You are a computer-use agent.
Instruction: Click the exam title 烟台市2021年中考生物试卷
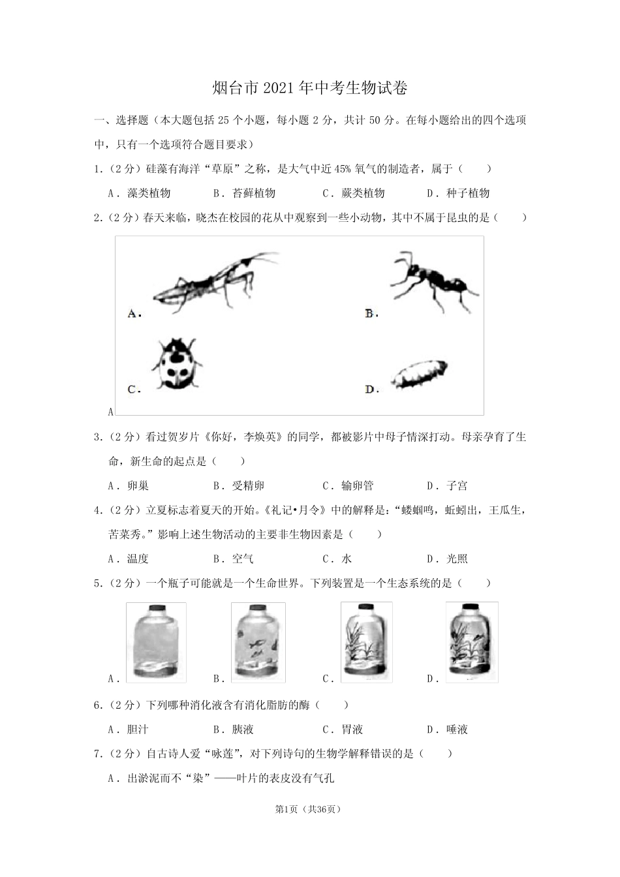pyautogui.click(x=310, y=88)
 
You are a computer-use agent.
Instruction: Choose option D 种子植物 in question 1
pyautogui.click(x=467, y=193)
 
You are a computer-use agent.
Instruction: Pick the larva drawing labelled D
pyautogui.click(x=420, y=377)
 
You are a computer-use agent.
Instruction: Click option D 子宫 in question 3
pyautogui.click(x=456, y=486)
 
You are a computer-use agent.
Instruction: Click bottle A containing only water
pyautogui.click(x=155, y=643)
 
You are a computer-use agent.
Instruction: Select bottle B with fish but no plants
pyautogui.click(x=259, y=643)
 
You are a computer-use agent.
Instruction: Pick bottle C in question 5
pyautogui.click(x=366, y=643)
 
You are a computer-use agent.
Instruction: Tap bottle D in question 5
pyautogui.click(x=471, y=643)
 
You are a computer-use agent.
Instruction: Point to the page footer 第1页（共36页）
pyautogui.click(x=309, y=809)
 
